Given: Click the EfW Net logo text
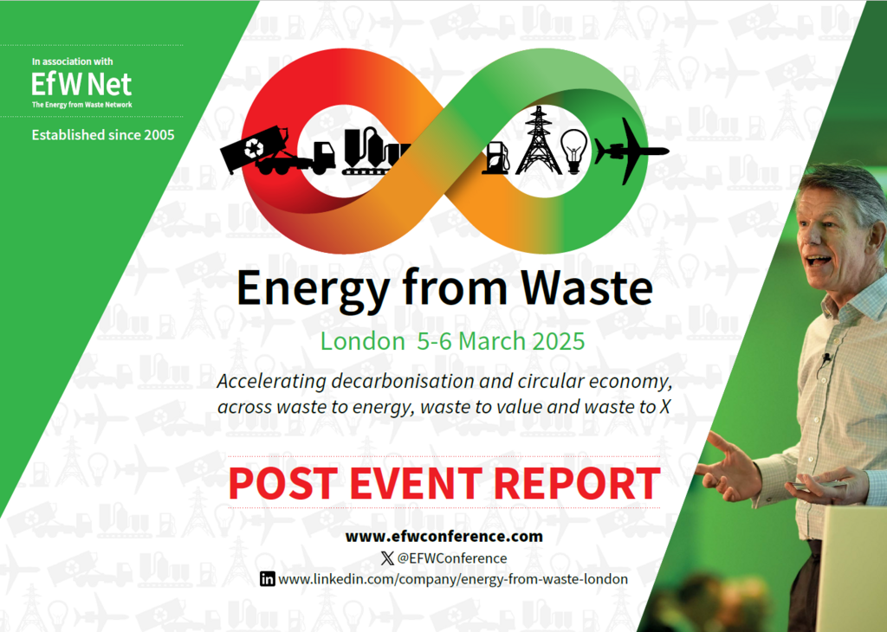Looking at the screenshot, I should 81,84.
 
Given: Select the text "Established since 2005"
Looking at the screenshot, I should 103,135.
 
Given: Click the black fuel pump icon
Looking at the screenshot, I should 496,157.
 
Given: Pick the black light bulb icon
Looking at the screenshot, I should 573,151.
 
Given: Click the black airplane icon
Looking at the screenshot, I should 631,152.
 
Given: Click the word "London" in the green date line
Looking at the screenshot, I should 357,340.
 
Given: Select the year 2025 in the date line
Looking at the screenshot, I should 554,340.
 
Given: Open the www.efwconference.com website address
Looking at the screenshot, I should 443,536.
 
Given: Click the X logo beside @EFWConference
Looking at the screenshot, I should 386,558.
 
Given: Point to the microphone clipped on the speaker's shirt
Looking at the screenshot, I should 826,357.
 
